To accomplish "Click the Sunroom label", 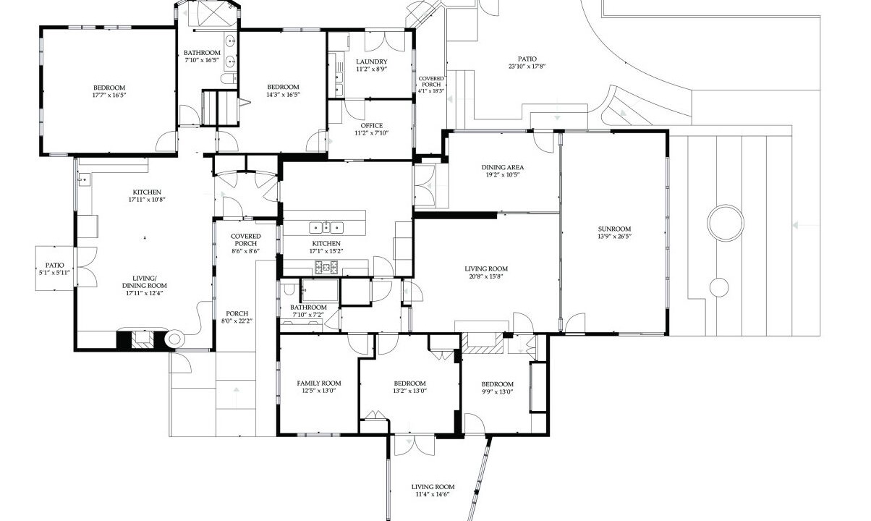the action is coord(614,229).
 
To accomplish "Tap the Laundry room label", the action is coord(372,62).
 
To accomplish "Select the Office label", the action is coord(372,126).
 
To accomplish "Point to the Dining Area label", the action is coord(503,167).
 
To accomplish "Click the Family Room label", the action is coord(319,383).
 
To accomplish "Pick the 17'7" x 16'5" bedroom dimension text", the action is coord(109,95).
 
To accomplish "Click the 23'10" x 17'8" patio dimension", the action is coord(527,66).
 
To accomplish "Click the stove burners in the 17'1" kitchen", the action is coord(327,267).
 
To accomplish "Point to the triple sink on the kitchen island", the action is coord(327,227).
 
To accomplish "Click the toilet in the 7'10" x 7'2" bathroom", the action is coord(289,289).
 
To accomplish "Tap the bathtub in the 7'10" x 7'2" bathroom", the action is coord(320,290).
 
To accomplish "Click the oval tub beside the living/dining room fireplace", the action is coord(174,339).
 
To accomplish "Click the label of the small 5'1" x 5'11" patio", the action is coord(55,265).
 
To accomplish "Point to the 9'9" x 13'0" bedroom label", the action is coord(497,384).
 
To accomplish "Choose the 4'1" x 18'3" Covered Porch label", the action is coord(431,81).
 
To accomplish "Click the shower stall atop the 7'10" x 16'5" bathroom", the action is coord(213,14).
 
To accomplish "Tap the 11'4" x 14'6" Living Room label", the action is coord(433,487).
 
